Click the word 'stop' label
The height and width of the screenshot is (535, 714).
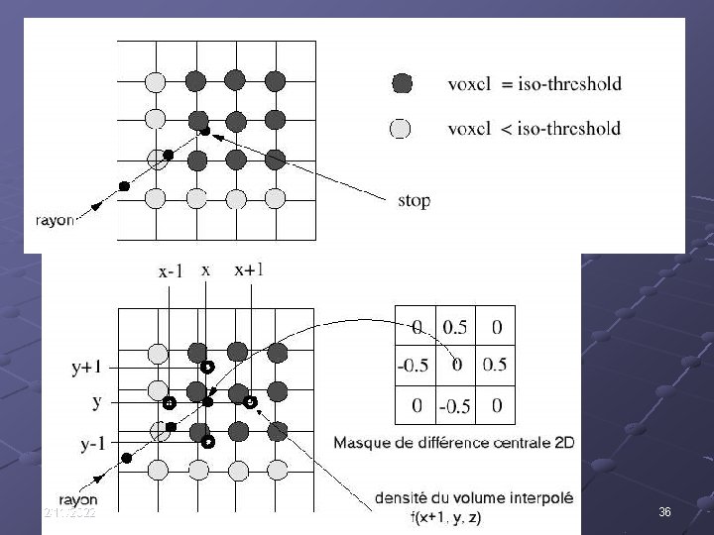(x=414, y=200)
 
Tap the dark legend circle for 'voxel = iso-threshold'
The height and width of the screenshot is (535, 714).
(x=402, y=83)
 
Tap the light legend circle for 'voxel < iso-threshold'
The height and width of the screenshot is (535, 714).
(x=402, y=128)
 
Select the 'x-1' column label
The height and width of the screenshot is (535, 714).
(x=171, y=269)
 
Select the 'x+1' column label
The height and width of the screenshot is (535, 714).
(x=249, y=269)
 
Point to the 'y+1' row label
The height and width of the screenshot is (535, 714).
(x=87, y=368)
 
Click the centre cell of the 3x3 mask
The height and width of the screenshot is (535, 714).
(x=455, y=366)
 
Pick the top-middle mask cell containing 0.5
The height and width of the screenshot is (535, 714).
(x=455, y=327)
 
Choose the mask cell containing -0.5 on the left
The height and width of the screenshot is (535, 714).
(x=414, y=366)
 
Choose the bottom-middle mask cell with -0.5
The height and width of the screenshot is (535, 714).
(x=455, y=405)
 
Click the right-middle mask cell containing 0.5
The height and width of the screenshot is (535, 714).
(x=495, y=366)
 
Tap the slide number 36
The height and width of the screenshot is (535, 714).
(x=665, y=512)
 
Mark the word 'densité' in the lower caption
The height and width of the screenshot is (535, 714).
(x=406, y=501)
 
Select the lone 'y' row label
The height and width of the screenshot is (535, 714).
(x=96, y=402)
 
